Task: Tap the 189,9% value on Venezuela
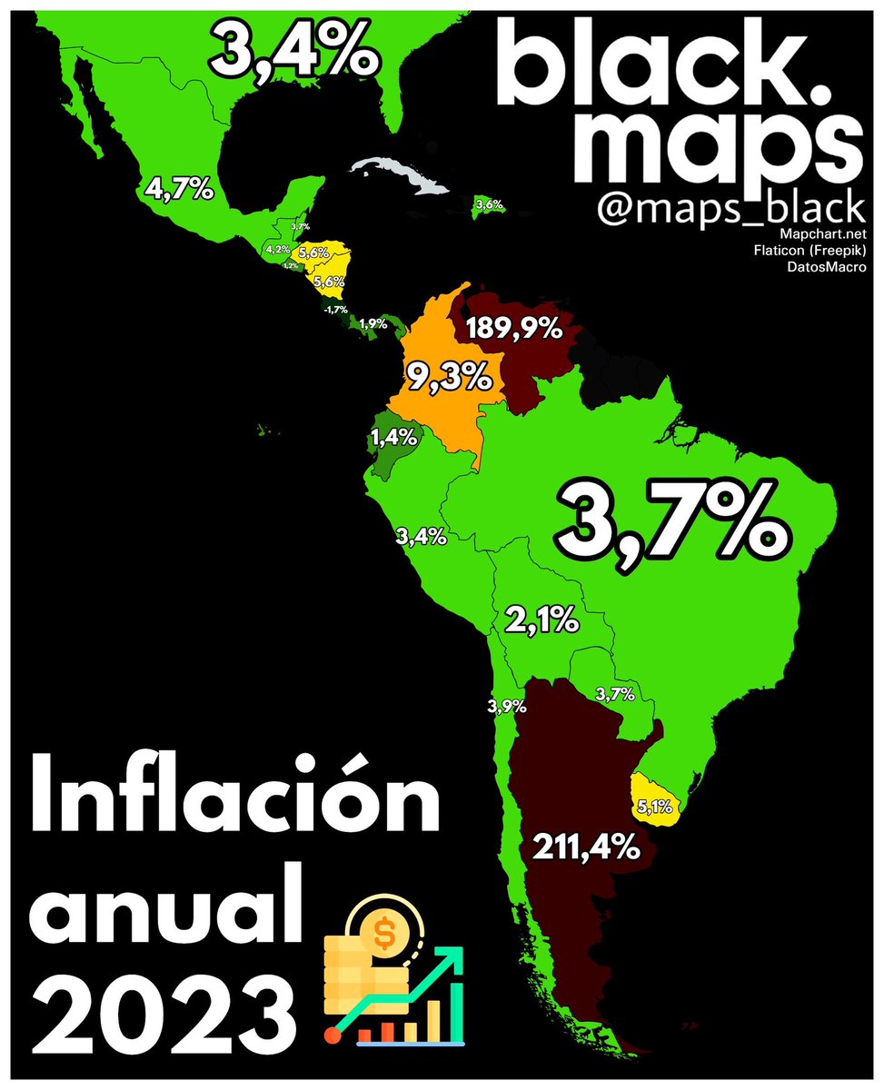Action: pyautogui.click(x=514, y=328)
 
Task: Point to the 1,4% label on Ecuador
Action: pyautogui.click(x=394, y=441)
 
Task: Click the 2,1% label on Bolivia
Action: pyautogui.click(x=541, y=622)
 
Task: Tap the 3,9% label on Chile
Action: pyautogui.click(x=506, y=707)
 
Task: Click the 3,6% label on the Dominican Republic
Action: pyautogui.click(x=489, y=205)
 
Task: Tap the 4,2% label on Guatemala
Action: pyautogui.click(x=277, y=249)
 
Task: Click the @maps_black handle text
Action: pyautogui.click(x=730, y=209)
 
